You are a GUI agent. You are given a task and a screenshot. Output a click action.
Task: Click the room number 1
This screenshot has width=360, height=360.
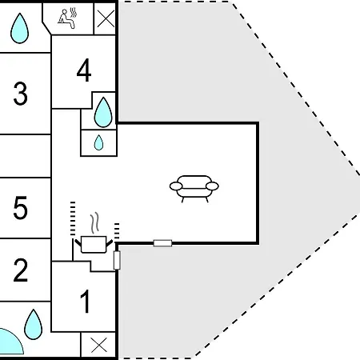(86, 302)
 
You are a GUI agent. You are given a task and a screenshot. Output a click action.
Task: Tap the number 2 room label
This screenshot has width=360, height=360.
(21, 270)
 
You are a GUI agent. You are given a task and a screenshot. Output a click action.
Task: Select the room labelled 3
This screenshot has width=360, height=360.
(20, 94)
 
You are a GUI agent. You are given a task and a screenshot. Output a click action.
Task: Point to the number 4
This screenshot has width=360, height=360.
(84, 70)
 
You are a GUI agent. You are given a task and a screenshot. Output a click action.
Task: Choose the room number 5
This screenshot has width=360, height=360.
(21, 208)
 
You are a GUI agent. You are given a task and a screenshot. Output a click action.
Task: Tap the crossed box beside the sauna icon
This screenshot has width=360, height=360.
(106, 18)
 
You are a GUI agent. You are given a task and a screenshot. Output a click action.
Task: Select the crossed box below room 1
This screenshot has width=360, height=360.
(98, 345)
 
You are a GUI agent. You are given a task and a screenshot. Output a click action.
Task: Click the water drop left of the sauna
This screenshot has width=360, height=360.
(19, 28)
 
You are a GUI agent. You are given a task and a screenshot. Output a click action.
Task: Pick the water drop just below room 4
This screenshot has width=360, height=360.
(103, 112)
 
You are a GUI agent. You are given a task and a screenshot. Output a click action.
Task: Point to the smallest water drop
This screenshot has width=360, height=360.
(98, 142)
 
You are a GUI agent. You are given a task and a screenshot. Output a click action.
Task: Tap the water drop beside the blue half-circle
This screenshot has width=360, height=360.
(33, 324)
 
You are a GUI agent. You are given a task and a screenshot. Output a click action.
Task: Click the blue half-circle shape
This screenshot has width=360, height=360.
(10, 342)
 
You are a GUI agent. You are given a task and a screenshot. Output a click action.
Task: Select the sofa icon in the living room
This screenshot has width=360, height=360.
(194, 189)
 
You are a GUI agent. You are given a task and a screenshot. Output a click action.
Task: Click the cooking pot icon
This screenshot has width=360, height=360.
(94, 244)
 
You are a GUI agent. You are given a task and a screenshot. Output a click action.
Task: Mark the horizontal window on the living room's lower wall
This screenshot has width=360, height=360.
(162, 243)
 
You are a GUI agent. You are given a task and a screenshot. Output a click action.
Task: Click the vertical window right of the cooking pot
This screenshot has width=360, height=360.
(117, 260)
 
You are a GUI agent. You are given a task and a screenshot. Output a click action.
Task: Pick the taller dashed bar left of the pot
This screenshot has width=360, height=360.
(73, 218)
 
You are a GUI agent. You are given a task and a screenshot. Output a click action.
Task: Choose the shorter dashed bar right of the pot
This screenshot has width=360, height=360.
(117, 231)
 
